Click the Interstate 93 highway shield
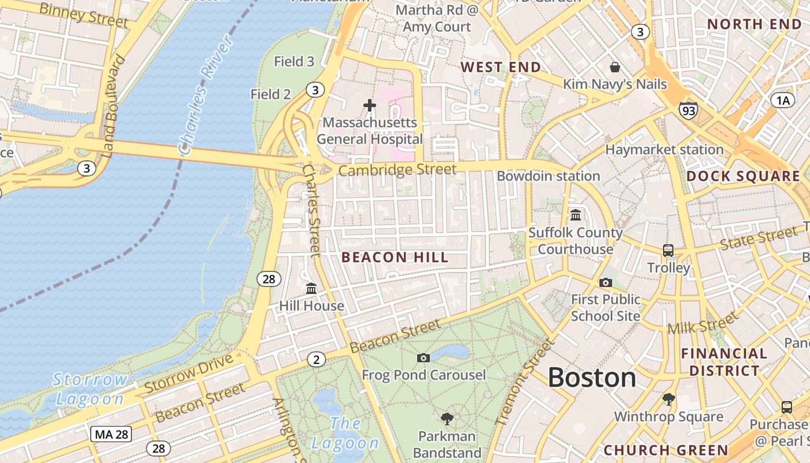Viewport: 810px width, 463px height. tap(689, 109)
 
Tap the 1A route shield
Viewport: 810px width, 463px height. tap(782, 101)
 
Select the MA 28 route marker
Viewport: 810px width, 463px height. tap(111, 434)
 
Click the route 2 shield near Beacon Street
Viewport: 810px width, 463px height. tap(316, 359)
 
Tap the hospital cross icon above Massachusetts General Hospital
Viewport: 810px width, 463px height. tap(370, 105)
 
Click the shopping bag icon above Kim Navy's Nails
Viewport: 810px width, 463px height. tap(615, 68)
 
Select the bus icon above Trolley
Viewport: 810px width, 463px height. tap(668, 251)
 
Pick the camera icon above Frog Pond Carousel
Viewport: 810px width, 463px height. tap(424, 358)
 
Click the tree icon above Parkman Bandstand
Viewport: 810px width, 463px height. tap(447, 418)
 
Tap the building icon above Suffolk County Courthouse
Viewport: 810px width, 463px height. tap(576, 215)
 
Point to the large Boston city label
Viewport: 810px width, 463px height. tap(592, 378)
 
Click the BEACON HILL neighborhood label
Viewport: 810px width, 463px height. tap(395, 258)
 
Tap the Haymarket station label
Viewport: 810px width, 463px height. tap(664, 150)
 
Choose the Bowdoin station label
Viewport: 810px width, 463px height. tap(548, 176)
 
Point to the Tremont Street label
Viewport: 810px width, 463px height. tap(524, 382)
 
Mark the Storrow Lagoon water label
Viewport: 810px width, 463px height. tap(90, 389)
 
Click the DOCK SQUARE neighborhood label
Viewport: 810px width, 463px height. tap(743, 177)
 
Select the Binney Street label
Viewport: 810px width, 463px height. tap(83, 14)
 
